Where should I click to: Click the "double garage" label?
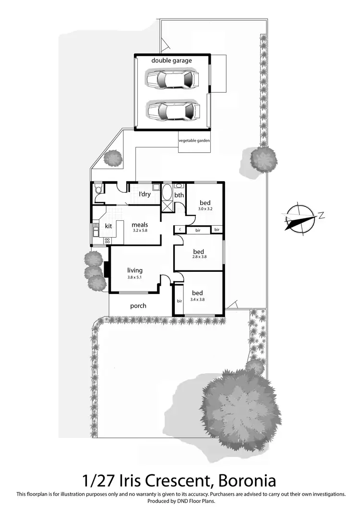point(171,61)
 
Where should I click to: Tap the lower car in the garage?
point(172,111)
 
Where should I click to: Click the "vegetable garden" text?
point(194,141)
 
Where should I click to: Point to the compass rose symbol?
point(301,219)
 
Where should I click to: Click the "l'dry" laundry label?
point(144,194)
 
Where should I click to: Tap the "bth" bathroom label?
point(179,195)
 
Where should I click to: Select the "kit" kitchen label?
point(108,226)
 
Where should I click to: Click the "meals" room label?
point(140,224)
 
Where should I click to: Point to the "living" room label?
point(135,270)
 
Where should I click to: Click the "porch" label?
point(138,306)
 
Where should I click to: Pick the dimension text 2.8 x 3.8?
point(198,257)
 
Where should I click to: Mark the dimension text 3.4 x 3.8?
point(198,299)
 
